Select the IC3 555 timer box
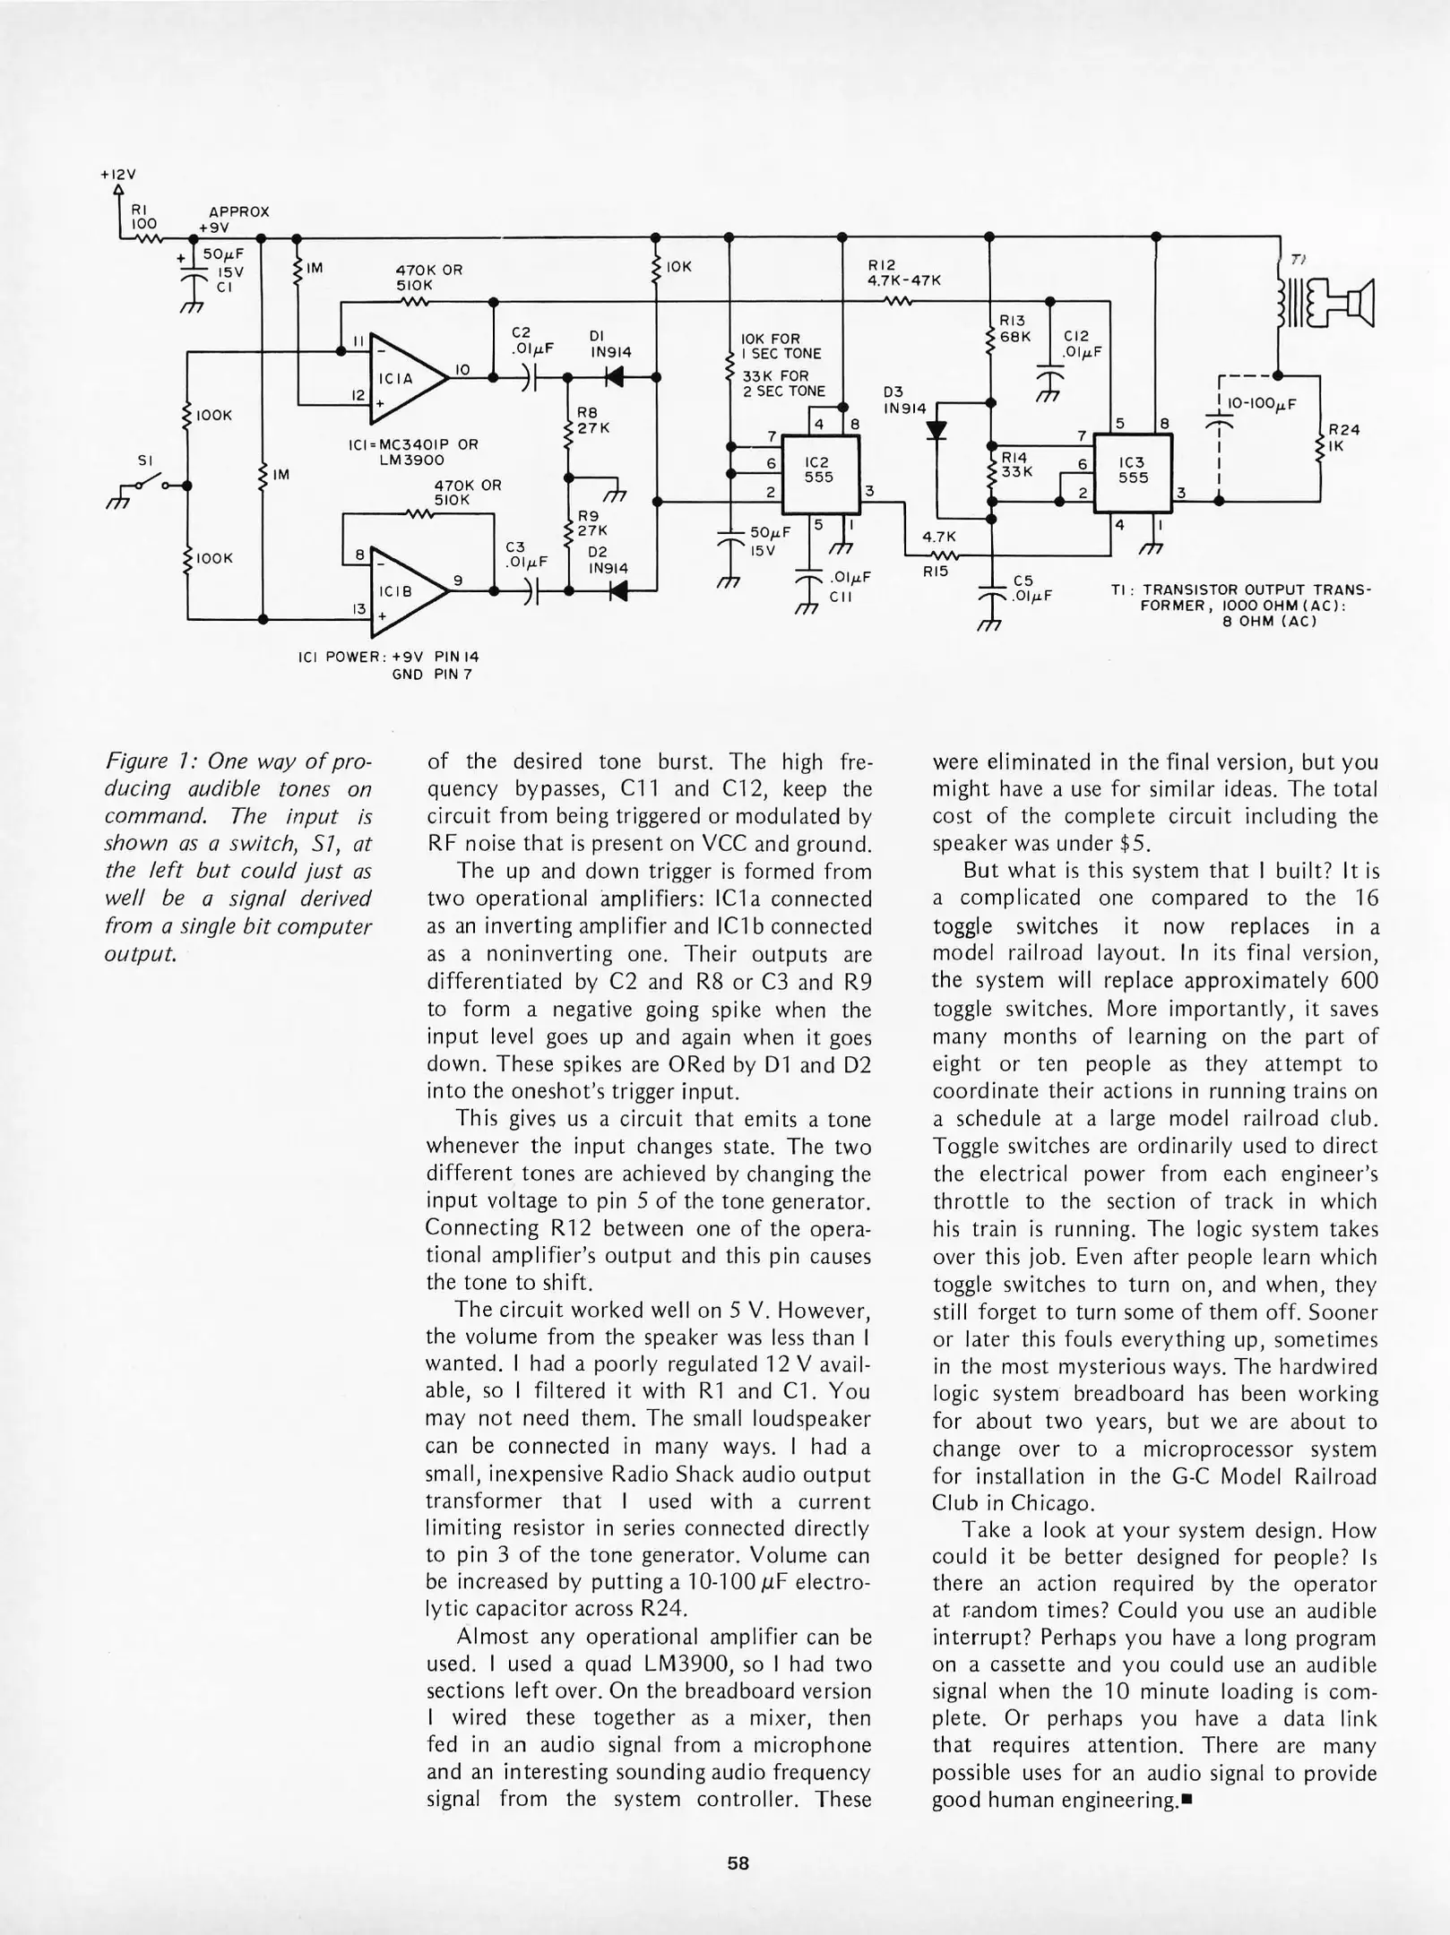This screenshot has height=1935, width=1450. tap(1134, 471)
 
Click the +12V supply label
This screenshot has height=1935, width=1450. tap(117, 176)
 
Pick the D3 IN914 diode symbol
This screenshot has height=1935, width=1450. tap(936, 431)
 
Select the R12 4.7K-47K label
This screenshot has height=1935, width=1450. tap(903, 272)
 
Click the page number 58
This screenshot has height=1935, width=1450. tap(738, 1863)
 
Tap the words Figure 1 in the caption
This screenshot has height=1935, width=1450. tap(147, 761)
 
